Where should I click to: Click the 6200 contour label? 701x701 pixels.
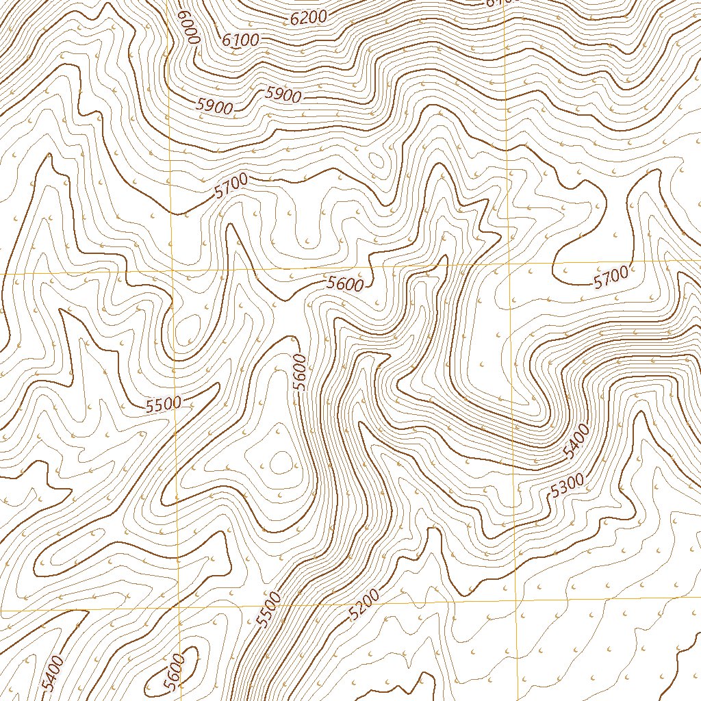(309, 16)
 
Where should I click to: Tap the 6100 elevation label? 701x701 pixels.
(241, 40)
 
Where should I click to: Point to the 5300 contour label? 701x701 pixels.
(568, 485)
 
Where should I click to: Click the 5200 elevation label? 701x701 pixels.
(364, 605)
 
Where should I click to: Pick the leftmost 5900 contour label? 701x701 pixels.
(214, 105)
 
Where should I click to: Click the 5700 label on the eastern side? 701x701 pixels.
(611, 277)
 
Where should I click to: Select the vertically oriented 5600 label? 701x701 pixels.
(299, 372)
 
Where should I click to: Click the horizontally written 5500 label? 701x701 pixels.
(164, 404)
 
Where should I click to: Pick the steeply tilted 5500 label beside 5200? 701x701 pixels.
(269, 609)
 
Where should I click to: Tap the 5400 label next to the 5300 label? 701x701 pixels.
(575, 442)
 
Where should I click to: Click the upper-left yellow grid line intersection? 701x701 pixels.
(170, 272)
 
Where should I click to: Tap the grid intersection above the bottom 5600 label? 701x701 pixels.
(179, 608)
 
